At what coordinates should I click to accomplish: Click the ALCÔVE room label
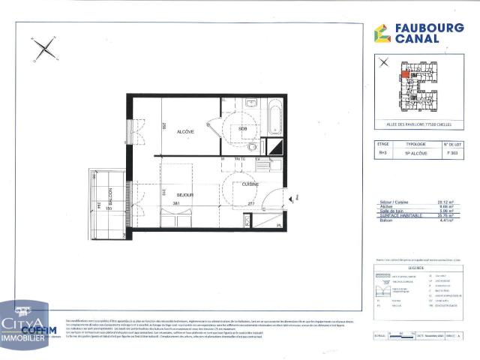click(185, 132)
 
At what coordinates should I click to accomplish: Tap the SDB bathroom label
click(242, 129)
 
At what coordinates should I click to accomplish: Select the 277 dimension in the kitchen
click(250, 203)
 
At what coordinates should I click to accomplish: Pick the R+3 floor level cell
click(383, 152)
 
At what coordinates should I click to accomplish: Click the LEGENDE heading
click(418, 266)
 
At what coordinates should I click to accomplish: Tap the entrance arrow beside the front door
click(295, 196)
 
